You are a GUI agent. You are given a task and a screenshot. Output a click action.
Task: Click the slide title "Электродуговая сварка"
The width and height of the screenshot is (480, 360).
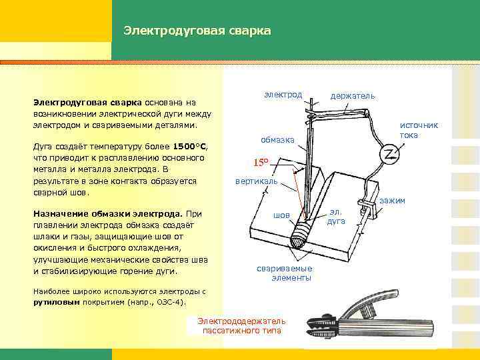(x=197, y=31)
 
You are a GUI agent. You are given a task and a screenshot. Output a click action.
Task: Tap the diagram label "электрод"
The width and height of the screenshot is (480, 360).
(x=283, y=95)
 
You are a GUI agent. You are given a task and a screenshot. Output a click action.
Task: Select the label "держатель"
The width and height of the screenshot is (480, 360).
(x=353, y=96)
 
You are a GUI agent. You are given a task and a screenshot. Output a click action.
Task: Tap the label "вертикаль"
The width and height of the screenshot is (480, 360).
(x=256, y=181)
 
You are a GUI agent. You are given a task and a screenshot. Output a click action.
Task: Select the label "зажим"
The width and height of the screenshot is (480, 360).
(x=392, y=201)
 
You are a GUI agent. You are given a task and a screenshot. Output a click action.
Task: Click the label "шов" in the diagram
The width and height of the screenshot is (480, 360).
(x=282, y=215)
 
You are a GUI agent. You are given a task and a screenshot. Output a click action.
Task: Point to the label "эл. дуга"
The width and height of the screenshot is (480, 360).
(x=336, y=216)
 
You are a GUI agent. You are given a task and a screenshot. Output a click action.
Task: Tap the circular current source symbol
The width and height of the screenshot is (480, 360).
(x=388, y=155)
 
